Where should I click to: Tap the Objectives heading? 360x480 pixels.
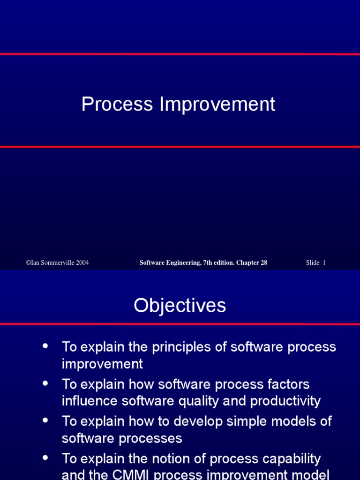click(180, 306)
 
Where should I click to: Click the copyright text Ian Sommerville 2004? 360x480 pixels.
click(57, 262)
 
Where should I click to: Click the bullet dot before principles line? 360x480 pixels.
click(45, 346)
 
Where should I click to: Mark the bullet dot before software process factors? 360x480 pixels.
click(45, 383)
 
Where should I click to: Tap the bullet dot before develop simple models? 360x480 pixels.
click(45, 420)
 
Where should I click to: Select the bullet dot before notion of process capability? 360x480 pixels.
click(45, 457)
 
